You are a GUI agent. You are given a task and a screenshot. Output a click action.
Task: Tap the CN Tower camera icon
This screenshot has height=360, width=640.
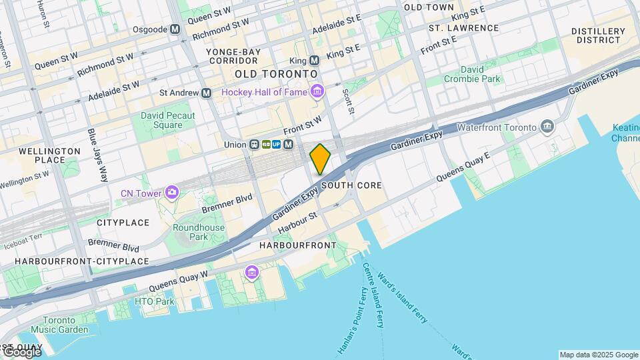click(173, 193)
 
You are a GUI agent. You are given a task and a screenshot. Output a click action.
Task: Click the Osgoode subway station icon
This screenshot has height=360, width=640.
click(175, 29)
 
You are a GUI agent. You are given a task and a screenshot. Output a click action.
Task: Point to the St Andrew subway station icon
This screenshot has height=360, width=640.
click(206, 93)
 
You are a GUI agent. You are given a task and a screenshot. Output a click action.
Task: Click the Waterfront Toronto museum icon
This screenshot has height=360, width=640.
click(547, 127)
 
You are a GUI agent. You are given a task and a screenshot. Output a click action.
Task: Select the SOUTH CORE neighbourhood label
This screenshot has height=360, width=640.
click(351, 185)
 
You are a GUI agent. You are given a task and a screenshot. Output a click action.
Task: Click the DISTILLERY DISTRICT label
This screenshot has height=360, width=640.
click(598, 36)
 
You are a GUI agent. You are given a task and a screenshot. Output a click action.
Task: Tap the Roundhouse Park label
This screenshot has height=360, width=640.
click(199, 232)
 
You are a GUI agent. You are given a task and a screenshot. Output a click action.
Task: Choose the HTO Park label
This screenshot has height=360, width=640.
click(154, 302)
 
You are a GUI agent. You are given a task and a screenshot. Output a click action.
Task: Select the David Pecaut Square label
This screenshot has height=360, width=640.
click(161, 120)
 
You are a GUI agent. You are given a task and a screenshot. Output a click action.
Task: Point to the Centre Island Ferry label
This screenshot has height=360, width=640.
click(373, 295)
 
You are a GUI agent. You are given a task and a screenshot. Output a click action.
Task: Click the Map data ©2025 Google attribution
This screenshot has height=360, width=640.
click(599, 355)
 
